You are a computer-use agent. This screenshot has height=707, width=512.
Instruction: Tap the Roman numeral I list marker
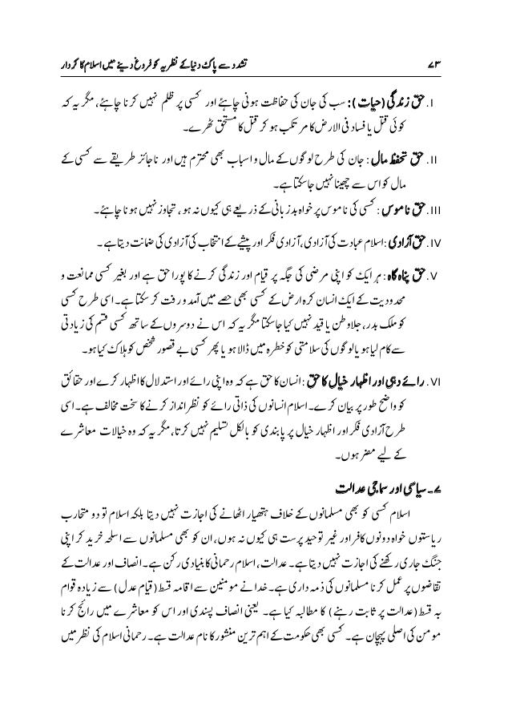coord(459,104)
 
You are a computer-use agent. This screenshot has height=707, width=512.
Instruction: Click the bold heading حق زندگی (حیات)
coord(416,104)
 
